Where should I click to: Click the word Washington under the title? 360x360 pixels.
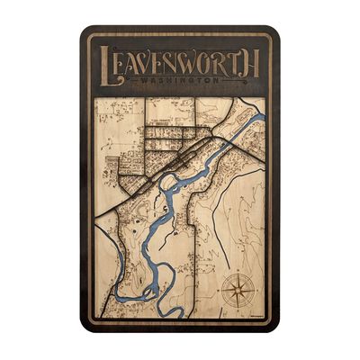[180, 81]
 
